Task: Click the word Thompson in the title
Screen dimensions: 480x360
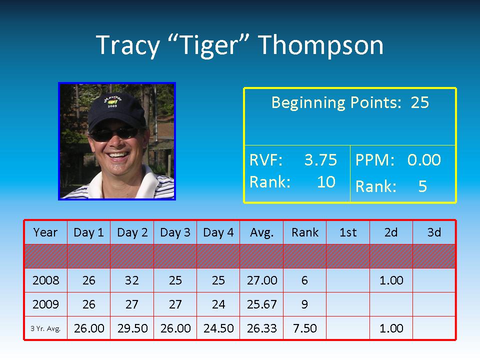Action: coord(321,45)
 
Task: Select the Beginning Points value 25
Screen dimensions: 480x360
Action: coord(419,102)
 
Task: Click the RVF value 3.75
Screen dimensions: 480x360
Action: coord(320,160)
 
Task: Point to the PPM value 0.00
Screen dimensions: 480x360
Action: coord(424,160)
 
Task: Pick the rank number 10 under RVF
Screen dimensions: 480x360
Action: coord(326,182)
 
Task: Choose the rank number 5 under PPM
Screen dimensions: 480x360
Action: coord(422,186)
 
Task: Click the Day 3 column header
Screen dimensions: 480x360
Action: coord(175,232)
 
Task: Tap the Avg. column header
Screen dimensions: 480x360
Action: coord(261,232)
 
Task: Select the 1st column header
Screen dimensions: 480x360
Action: coord(348,232)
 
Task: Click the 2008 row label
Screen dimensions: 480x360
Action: coord(45,280)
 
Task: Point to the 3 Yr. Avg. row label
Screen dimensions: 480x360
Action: coord(45,329)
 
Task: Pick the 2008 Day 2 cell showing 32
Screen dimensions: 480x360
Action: coord(132,280)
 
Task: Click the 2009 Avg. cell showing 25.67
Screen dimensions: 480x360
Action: coord(261,304)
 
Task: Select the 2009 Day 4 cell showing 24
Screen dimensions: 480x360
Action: coord(218,304)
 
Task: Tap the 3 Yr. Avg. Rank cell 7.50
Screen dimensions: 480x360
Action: coord(305,328)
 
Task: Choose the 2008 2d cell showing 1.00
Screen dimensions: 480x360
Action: coord(391,280)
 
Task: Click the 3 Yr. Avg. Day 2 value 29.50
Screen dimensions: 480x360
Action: coord(132,328)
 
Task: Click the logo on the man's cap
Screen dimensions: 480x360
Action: coord(112,100)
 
